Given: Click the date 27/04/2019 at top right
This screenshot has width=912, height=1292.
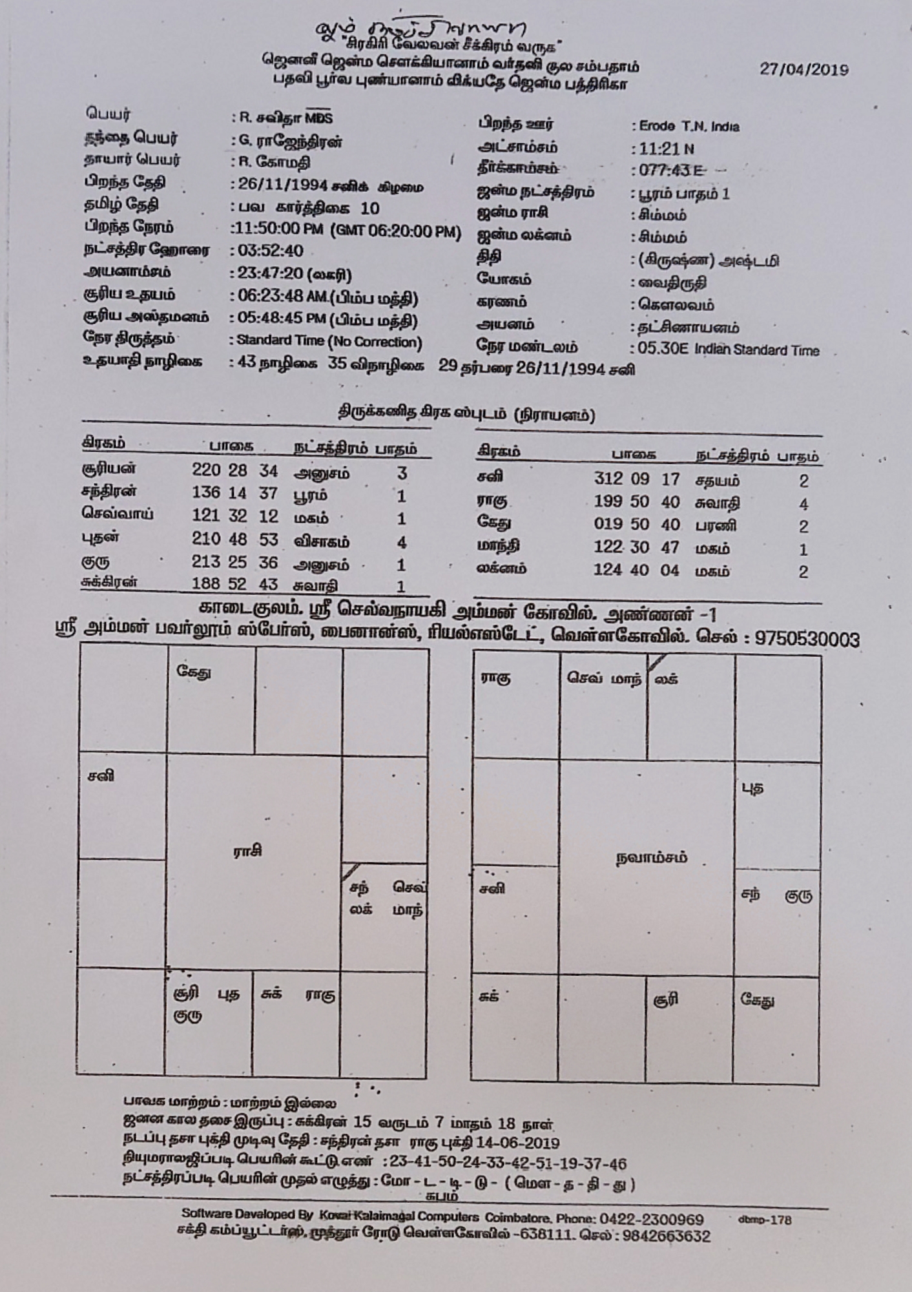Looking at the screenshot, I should (803, 70).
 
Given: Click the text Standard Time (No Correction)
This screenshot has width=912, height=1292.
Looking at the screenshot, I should (329, 342).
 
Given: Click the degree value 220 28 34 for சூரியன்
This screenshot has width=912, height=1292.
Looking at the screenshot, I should (234, 470).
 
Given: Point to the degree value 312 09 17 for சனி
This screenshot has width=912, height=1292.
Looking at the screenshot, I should (636, 479).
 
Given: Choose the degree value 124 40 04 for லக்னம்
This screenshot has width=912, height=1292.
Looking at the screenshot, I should (636, 570).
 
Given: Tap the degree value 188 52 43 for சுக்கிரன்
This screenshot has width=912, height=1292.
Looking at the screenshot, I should (234, 584).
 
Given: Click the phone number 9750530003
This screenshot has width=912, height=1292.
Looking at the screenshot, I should (807, 640).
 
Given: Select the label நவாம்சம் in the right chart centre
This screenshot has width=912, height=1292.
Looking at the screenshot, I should (651, 858).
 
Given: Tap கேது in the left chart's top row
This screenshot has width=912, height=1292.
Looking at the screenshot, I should (193, 672).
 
